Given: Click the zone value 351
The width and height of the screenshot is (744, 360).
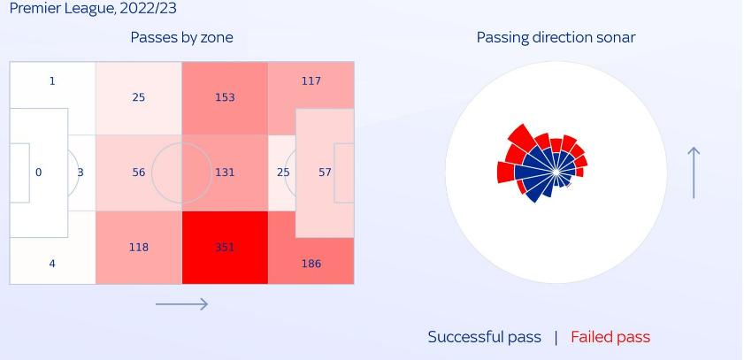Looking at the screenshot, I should pos(225,248).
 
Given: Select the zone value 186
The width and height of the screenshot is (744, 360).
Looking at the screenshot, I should pos(311,264).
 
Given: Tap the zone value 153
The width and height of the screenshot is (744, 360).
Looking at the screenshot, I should pos(225,97).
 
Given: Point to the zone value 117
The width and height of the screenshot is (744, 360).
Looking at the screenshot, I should pos(311,80).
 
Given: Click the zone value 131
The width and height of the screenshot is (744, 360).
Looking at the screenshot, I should pos(225,172).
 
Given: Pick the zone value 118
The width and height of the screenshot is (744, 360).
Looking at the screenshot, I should pos(139,248).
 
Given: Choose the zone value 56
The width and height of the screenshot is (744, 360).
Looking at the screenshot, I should pos(139,172).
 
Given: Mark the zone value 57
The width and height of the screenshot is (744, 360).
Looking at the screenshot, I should pos(325,172).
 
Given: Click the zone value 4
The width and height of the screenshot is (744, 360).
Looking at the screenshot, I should pos(52,264).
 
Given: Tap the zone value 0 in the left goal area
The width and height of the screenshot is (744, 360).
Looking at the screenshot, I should pos(38,172).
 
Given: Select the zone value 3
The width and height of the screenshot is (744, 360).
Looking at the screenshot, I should pos(81,172).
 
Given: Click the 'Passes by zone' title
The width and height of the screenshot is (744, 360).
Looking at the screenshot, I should pos(181,37).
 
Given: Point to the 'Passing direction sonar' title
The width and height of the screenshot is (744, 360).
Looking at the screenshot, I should pos(556,37).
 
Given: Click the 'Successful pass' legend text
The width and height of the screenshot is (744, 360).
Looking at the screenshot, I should pos(484,337).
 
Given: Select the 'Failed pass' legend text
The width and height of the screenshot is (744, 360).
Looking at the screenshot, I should pos(610,337).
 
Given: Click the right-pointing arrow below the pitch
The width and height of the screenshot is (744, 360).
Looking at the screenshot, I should pos(181,304).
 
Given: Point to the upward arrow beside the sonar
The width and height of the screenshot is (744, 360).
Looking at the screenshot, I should pos(694,172).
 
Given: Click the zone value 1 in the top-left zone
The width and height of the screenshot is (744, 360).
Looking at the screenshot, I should pos(52,80).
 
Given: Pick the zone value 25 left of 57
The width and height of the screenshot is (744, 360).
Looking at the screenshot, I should pos(282,172).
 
